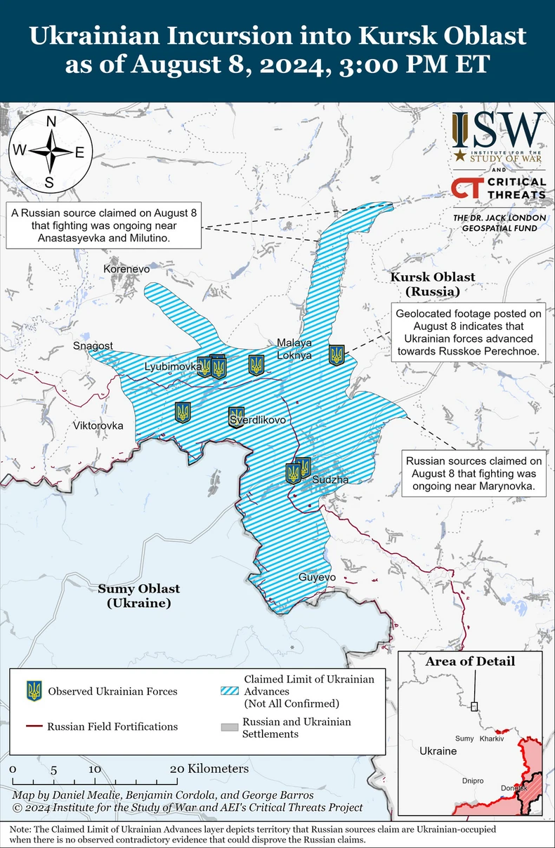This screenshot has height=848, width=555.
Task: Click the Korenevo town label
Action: pyautogui.click(x=126, y=269)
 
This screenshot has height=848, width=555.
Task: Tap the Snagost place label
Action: pyautogui.click(x=93, y=346)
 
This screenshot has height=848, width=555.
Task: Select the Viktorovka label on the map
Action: pyautogui.click(x=98, y=425)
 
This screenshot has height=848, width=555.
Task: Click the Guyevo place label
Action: pyautogui.click(x=317, y=577)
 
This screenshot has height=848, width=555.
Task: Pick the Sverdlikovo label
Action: pyautogui.click(x=258, y=420)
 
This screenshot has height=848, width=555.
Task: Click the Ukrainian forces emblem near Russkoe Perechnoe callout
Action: pyautogui.click(x=337, y=355)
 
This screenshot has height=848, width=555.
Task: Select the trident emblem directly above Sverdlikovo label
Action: pyautogui.click(x=237, y=415)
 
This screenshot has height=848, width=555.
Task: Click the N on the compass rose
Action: pyautogui.click(x=51, y=121)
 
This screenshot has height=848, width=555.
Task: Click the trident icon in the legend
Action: pyautogui.click(x=34, y=691)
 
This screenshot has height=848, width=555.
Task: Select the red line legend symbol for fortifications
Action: pyautogui.click(x=34, y=727)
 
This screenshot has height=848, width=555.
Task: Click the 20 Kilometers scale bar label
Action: pyautogui.click(x=209, y=769)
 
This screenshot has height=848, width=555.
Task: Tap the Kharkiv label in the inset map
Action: pyautogui.click(x=492, y=738)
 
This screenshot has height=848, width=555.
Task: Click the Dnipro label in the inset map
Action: pyautogui.click(x=474, y=781)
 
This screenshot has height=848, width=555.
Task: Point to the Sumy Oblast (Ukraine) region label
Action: pyautogui.click(x=138, y=596)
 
